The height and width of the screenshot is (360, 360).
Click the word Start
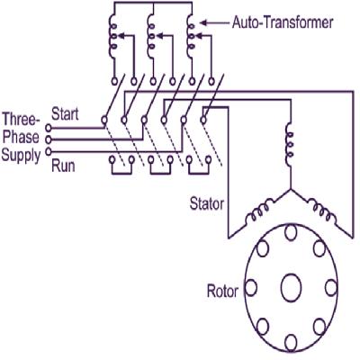click(x=65, y=113)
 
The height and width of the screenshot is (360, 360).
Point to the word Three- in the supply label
click(x=21, y=119)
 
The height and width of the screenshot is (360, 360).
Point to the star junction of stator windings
click(x=288, y=190)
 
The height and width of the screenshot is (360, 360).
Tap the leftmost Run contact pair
click(x=115, y=163)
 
